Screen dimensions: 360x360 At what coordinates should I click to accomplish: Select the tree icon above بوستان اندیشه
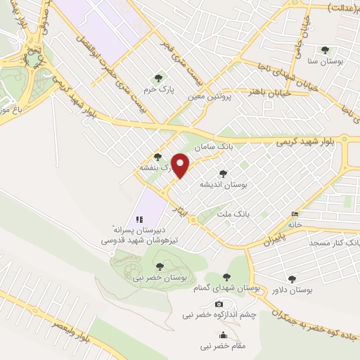pyautogui.click(x=224, y=173)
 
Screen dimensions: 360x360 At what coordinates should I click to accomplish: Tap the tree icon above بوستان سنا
pyautogui.click(x=324, y=50)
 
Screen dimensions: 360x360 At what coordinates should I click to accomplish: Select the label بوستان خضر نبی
pyautogui.click(x=159, y=278)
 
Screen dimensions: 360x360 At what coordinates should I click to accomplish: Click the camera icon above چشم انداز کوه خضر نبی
pyautogui.click(x=219, y=304)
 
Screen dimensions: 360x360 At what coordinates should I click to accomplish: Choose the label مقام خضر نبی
pyautogui.click(x=222, y=347)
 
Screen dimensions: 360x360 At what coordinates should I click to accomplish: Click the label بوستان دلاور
pyautogui.click(x=290, y=290)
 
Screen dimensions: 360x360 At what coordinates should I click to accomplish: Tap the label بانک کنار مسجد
pyautogui.click(x=332, y=243)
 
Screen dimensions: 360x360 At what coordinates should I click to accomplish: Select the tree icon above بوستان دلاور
pyautogui.click(x=291, y=278)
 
